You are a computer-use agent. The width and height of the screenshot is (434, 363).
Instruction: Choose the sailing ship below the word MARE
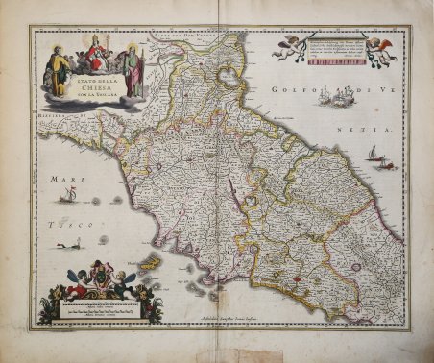67,197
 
